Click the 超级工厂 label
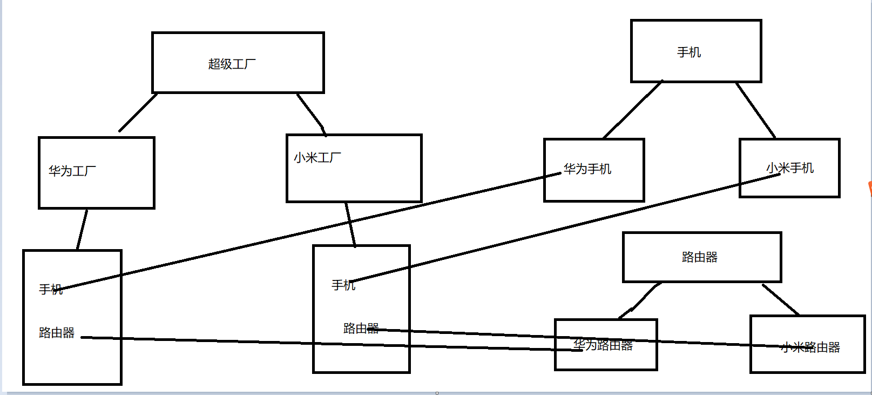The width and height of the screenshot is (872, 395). pyautogui.click(x=232, y=64)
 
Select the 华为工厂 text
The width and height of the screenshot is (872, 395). pyautogui.click(x=72, y=171)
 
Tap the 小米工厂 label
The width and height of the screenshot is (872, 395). pyautogui.click(x=317, y=158)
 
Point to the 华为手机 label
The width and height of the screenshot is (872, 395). pyautogui.click(x=587, y=169)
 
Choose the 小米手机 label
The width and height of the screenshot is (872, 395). pyautogui.click(x=790, y=168)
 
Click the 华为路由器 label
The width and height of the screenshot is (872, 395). pyautogui.click(x=603, y=345)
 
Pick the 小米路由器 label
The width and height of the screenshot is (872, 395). pyautogui.click(x=810, y=347)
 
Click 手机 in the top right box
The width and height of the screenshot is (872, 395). pyautogui.click(x=689, y=52)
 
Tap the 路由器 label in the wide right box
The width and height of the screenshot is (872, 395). pyautogui.click(x=700, y=257)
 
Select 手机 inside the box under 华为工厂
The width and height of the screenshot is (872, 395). pyautogui.click(x=51, y=290)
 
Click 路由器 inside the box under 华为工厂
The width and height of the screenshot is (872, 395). pyautogui.click(x=57, y=333)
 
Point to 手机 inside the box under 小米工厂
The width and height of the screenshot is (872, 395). pyautogui.click(x=343, y=285)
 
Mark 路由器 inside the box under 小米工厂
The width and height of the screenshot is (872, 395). pyautogui.click(x=361, y=329)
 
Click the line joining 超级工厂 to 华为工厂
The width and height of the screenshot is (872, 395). pyautogui.click(x=138, y=112)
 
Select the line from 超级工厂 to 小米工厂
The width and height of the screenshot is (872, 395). pyautogui.click(x=311, y=111)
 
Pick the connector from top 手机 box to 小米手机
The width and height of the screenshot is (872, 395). pyautogui.click(x=756, y=110)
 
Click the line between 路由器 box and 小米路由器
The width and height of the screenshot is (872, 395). pyautogui.click(x=781, y=299)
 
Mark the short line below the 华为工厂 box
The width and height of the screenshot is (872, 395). pyautogui.click(x=82, y=230)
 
